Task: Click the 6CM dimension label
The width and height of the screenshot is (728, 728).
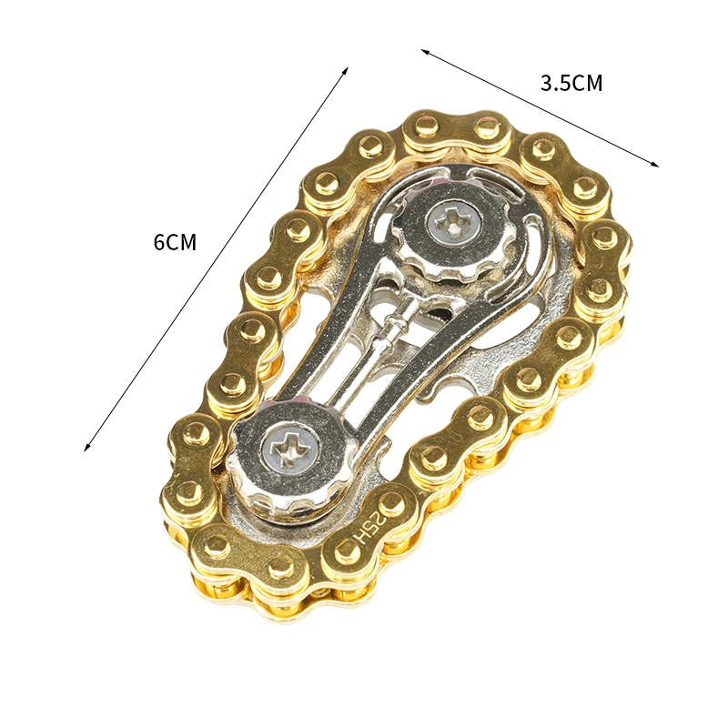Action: click(x=175, y=243)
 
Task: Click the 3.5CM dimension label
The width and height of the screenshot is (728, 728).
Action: click(x=571, y=84)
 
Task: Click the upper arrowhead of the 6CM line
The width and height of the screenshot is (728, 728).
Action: click(x=346, y=69)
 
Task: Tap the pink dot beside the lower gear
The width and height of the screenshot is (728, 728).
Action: click(x=300, y=401)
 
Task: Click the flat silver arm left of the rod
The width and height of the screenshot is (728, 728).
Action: click(x=337, y=318)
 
